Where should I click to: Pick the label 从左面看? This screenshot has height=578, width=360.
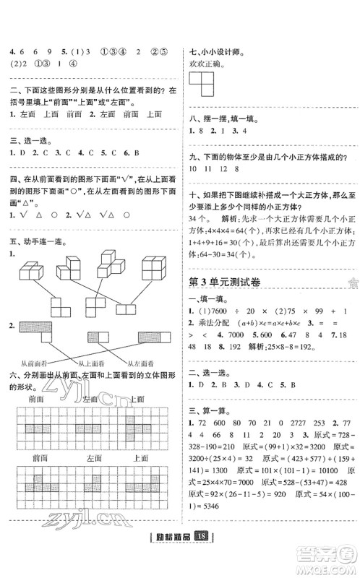(x=142, y=364)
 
